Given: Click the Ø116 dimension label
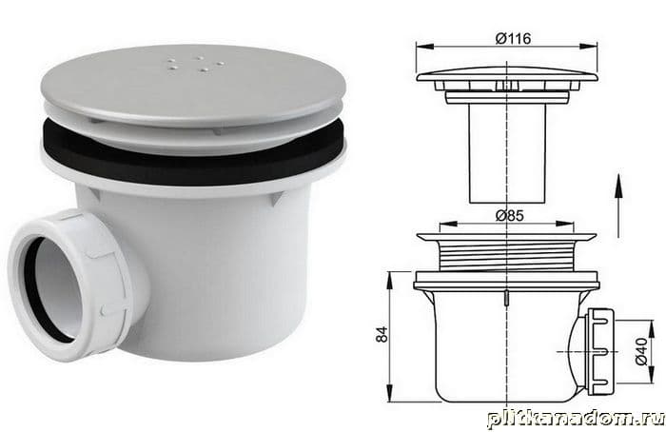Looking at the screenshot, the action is (x=513, y=39).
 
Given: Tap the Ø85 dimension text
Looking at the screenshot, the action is (x=510, y=216).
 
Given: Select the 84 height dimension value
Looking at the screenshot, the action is (x=382, y=334).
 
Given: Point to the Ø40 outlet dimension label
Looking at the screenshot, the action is (x=642, y=351).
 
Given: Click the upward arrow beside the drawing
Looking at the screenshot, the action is (x=618, y=206).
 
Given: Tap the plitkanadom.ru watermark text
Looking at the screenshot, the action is (x=577, y=419).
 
